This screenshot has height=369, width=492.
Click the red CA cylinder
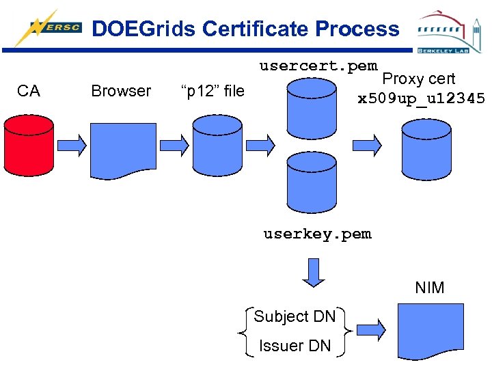pos(29,146)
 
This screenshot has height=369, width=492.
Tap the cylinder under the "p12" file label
pos(217,146)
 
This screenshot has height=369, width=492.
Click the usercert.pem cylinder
pos(312,109)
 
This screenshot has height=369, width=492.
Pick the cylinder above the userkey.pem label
pos(312,182)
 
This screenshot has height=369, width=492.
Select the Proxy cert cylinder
pos(426,150)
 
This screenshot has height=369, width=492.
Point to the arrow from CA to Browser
pos(72,146)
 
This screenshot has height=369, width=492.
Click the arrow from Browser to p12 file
pos(174,146)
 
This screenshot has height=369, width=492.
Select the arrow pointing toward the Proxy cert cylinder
pos(367,146)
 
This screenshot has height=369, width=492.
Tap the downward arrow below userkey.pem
pos(314,273)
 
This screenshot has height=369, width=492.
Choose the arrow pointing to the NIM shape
pos(372,330)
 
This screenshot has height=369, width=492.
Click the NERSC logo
pos(48,27)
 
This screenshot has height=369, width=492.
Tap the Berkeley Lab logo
pos(450,31)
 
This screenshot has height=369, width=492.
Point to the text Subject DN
pos(295,316)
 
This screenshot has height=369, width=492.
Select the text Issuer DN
pos(295,346)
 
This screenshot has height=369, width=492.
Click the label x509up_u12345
pos(421,98)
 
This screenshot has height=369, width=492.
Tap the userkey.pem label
pos(318,234)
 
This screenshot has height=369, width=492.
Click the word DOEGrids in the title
pos(143,29)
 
